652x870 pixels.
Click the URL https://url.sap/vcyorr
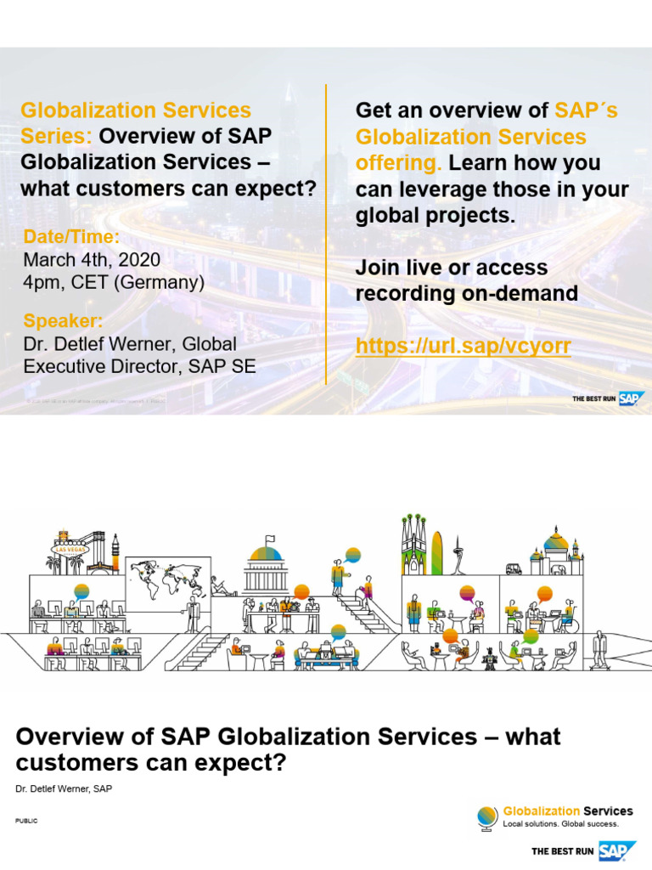point(463,346)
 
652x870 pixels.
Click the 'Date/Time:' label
point(71,237)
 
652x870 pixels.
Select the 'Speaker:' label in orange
point(63,321)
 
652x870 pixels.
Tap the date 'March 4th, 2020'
point(92,259)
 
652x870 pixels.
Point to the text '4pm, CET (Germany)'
point(114,282)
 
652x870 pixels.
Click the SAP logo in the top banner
point(630,398)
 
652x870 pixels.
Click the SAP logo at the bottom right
point(618,850)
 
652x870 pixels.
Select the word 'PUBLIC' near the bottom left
point(26,821)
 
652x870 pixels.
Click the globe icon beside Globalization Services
point(486,816)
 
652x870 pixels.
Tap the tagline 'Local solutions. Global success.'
point(561,823)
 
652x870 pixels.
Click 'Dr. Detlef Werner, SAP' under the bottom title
point(64,789)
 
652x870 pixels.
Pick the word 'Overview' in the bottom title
point(69,736)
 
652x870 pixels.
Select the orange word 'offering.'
point(398,162)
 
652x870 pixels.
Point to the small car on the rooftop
point(514,568)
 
